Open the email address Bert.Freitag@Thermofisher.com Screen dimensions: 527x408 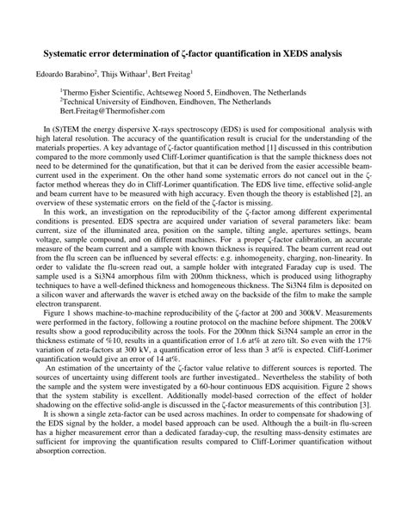(115, 110)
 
